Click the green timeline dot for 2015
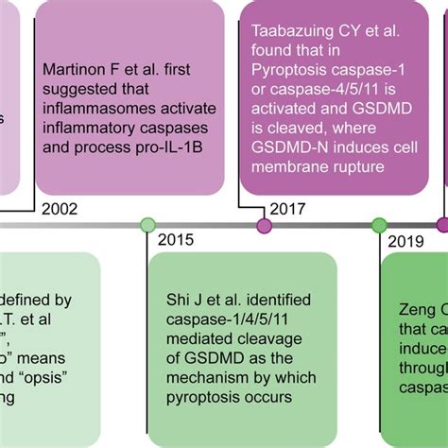point(147,224)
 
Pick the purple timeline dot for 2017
point(264,224)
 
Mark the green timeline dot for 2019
point(379,224)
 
